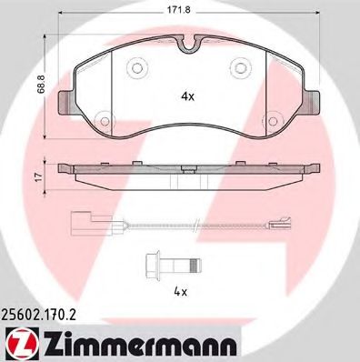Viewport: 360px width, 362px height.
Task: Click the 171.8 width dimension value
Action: pos(190,9)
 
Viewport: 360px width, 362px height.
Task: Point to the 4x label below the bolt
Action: pos(180,292)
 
